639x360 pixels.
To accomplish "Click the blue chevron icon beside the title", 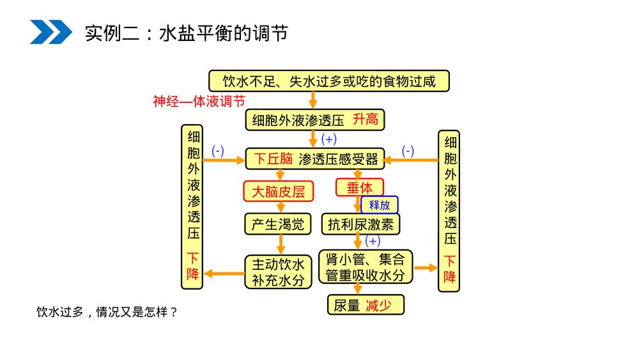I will (x=50, y=31).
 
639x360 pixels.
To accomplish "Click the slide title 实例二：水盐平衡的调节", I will (x=186, y=32).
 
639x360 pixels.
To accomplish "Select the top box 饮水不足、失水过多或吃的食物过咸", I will (x=329, y=81).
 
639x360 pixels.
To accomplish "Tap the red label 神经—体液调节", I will (x=199, y=101).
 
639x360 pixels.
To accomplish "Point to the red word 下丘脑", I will (x=273, y=159).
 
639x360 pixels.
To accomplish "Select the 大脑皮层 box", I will (x=279, y=191).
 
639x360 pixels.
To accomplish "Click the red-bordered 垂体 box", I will (x=360, y=187).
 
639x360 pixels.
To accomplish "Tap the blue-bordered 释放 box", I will (x=380, y=205).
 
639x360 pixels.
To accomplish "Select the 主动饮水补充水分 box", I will (x=277, y=272).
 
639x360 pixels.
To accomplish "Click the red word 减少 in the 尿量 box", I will (x=378, y=306).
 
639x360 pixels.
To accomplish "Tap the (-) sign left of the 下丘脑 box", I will (x=217, y=151).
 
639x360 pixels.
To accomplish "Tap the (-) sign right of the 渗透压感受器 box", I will (x=408, y=151).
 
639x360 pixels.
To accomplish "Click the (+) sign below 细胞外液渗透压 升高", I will (x=329, y=139).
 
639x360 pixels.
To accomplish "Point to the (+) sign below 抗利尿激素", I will (x=373, y=241).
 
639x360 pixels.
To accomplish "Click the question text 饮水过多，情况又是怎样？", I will (x=106, y=312).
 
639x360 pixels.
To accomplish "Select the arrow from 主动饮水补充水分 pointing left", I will (x=224, y=274).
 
